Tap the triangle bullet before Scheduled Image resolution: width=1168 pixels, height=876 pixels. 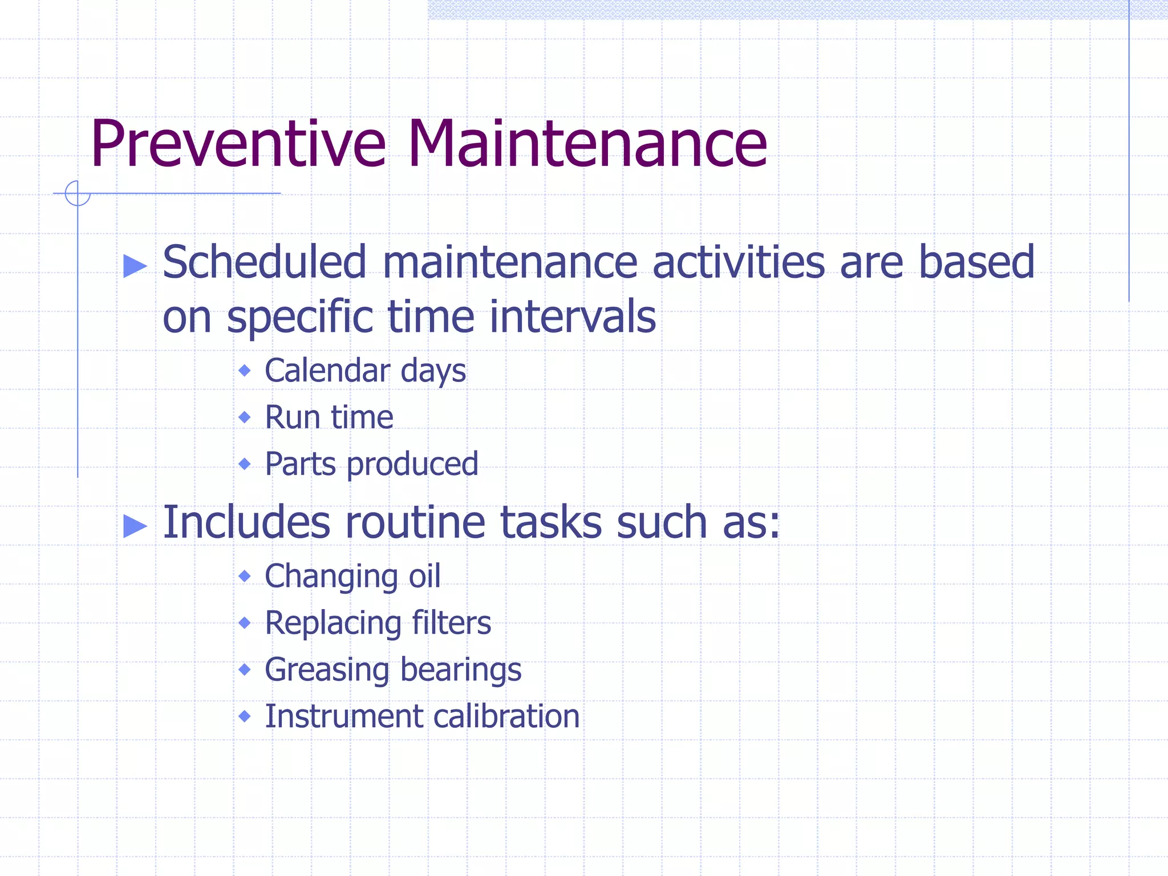tap(135, 266)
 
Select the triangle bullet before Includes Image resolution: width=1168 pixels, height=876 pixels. tap(135, 525)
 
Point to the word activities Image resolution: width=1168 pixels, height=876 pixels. tap(739, 262)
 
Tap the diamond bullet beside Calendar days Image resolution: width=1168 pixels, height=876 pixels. tap(245, 371)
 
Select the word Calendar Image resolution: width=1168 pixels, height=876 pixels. tap(327, 371)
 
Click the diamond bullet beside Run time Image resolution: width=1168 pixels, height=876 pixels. tap(245, 417)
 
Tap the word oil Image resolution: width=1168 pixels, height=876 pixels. tap(424, 576)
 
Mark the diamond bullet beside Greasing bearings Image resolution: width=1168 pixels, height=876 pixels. tap(245, 670)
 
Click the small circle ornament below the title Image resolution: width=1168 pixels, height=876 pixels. tap(78, 193)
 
